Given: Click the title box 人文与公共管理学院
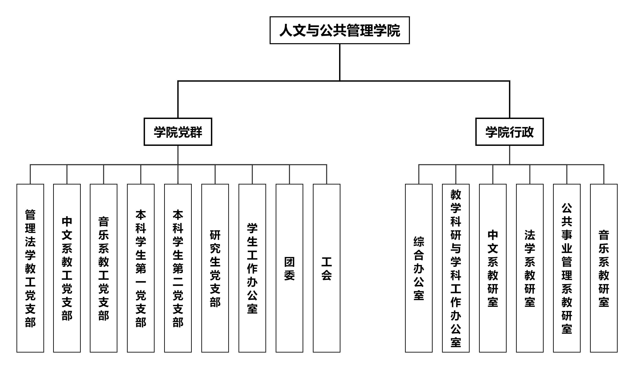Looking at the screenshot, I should [x=339, y=30].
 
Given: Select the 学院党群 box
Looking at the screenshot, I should [x=178, y=132].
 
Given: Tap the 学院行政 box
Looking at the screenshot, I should [x=509, y=132].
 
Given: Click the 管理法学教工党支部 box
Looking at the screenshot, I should [x=30, y=268].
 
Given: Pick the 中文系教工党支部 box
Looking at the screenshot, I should [x=67, y=268].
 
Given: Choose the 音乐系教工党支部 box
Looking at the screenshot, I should [x=103, y=268].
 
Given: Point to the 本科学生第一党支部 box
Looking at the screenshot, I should [x=141, y=268].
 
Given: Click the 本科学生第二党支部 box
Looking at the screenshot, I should [x=178, y=268].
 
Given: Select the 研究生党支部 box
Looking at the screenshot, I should [x=215, y=268].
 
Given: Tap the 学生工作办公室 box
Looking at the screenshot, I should [x=252, y=268].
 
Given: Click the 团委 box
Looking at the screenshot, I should [x=289, y=268].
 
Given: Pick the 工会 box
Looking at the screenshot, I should [x=327, y=268].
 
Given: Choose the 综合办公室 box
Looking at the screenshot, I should [x=419, y=268].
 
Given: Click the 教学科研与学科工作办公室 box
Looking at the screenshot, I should [x=456, y=268].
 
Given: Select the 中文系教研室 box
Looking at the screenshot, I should [x=493, y=268].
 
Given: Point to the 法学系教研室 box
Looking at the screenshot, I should [x=529, y=268].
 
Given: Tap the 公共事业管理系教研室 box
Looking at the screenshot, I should [x=566, y=268].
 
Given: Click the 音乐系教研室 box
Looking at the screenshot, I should [x=603, y=268].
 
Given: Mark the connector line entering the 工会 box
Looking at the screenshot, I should [x=327, y=175].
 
